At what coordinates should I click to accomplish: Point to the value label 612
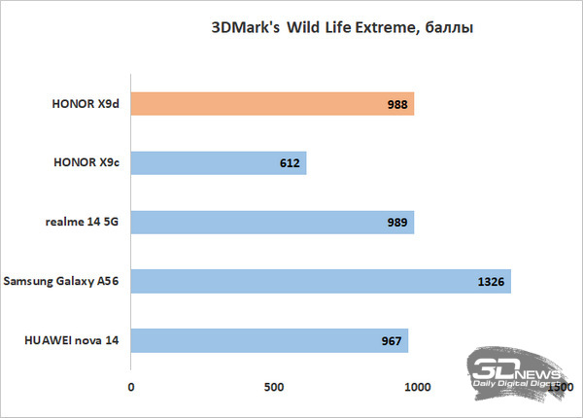289,163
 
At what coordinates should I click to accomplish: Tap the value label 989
397,223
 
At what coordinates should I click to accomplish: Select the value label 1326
492,283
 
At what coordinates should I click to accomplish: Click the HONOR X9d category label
87,103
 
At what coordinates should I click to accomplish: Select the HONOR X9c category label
87,162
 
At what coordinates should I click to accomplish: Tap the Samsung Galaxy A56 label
64,282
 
